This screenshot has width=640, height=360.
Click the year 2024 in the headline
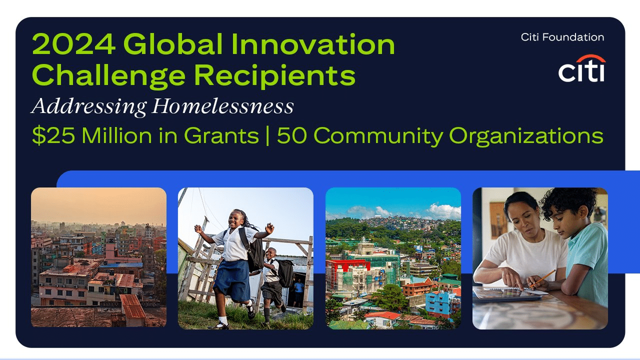click(x=73, y=45)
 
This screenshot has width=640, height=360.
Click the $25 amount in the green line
click(x=50, y=135)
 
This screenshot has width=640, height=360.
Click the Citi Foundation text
click(x=562, y=37)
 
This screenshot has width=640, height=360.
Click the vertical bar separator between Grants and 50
click(x=267, y=135)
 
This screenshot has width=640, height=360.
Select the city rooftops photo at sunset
click(x=98, y=257)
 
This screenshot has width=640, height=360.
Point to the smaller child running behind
click(x=273, y=277)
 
